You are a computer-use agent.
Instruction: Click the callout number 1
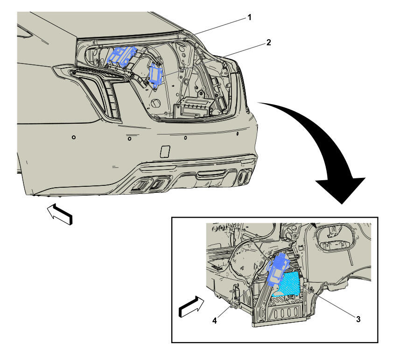249,17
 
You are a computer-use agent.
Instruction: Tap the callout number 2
268,42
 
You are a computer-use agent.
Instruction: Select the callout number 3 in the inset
358,319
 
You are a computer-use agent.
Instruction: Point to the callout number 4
215,321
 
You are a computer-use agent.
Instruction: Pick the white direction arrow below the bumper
60,214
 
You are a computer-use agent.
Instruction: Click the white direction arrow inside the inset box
191,307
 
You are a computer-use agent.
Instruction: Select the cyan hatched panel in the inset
287,284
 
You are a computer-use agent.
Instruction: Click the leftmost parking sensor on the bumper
74,137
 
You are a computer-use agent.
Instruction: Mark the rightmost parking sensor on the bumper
238,134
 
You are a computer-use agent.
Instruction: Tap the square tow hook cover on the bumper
165,151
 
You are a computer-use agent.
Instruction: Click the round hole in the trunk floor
156,103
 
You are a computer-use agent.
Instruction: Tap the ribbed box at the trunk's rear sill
194,107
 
